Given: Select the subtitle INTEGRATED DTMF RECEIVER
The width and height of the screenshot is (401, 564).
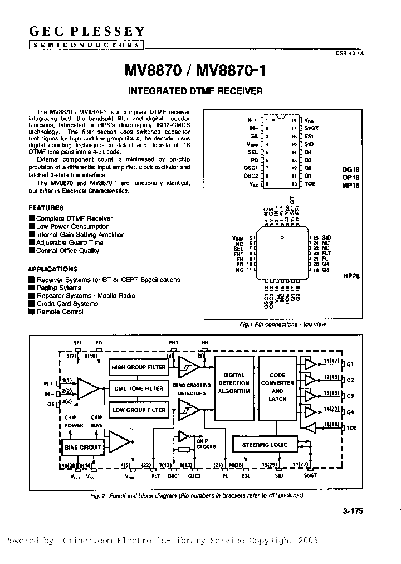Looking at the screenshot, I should click(195, 90).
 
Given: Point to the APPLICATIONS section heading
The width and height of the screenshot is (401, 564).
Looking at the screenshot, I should click(52, 268).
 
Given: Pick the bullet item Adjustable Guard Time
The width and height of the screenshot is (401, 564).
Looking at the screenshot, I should click(69, 243).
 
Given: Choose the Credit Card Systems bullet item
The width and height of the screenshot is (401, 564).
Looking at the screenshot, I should click(67, 304).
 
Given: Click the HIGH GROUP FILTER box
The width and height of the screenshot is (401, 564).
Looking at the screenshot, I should click(138, 367).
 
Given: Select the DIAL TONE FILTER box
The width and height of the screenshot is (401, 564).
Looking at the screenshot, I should click(138, 388).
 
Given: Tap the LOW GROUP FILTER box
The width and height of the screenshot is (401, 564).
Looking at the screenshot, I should click(138, 410).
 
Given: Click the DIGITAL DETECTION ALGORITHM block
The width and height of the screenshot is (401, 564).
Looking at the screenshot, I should click(233, 383).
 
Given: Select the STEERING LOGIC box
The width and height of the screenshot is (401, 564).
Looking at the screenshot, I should click(264, 445).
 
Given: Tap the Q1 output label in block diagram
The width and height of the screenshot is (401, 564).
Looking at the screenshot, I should click(350, 365).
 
